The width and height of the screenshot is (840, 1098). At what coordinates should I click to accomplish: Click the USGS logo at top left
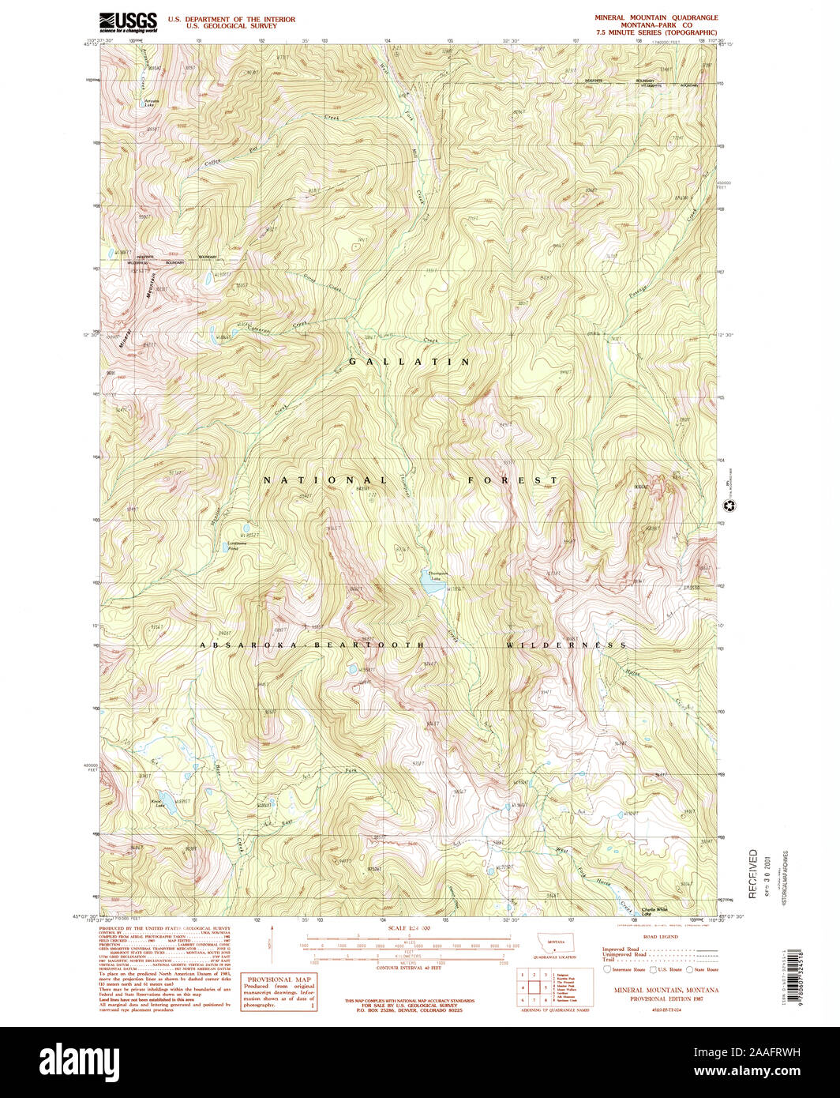(x=128, y=21)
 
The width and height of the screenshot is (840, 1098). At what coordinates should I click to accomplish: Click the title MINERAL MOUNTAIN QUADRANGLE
(x=656, y=17)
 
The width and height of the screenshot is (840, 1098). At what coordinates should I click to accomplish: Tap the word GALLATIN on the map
(x=411, y=362)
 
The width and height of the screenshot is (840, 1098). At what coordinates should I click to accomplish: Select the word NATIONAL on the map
(x=325, y=480)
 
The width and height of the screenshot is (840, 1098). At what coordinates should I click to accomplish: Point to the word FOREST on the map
(x=512, y=480)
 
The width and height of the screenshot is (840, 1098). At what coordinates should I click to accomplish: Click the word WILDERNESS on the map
(x=566, y=645)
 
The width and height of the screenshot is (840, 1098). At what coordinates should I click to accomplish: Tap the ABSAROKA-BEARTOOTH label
(x=312, y=645)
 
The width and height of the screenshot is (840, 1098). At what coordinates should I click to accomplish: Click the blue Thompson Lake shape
(x=432, y=585)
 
